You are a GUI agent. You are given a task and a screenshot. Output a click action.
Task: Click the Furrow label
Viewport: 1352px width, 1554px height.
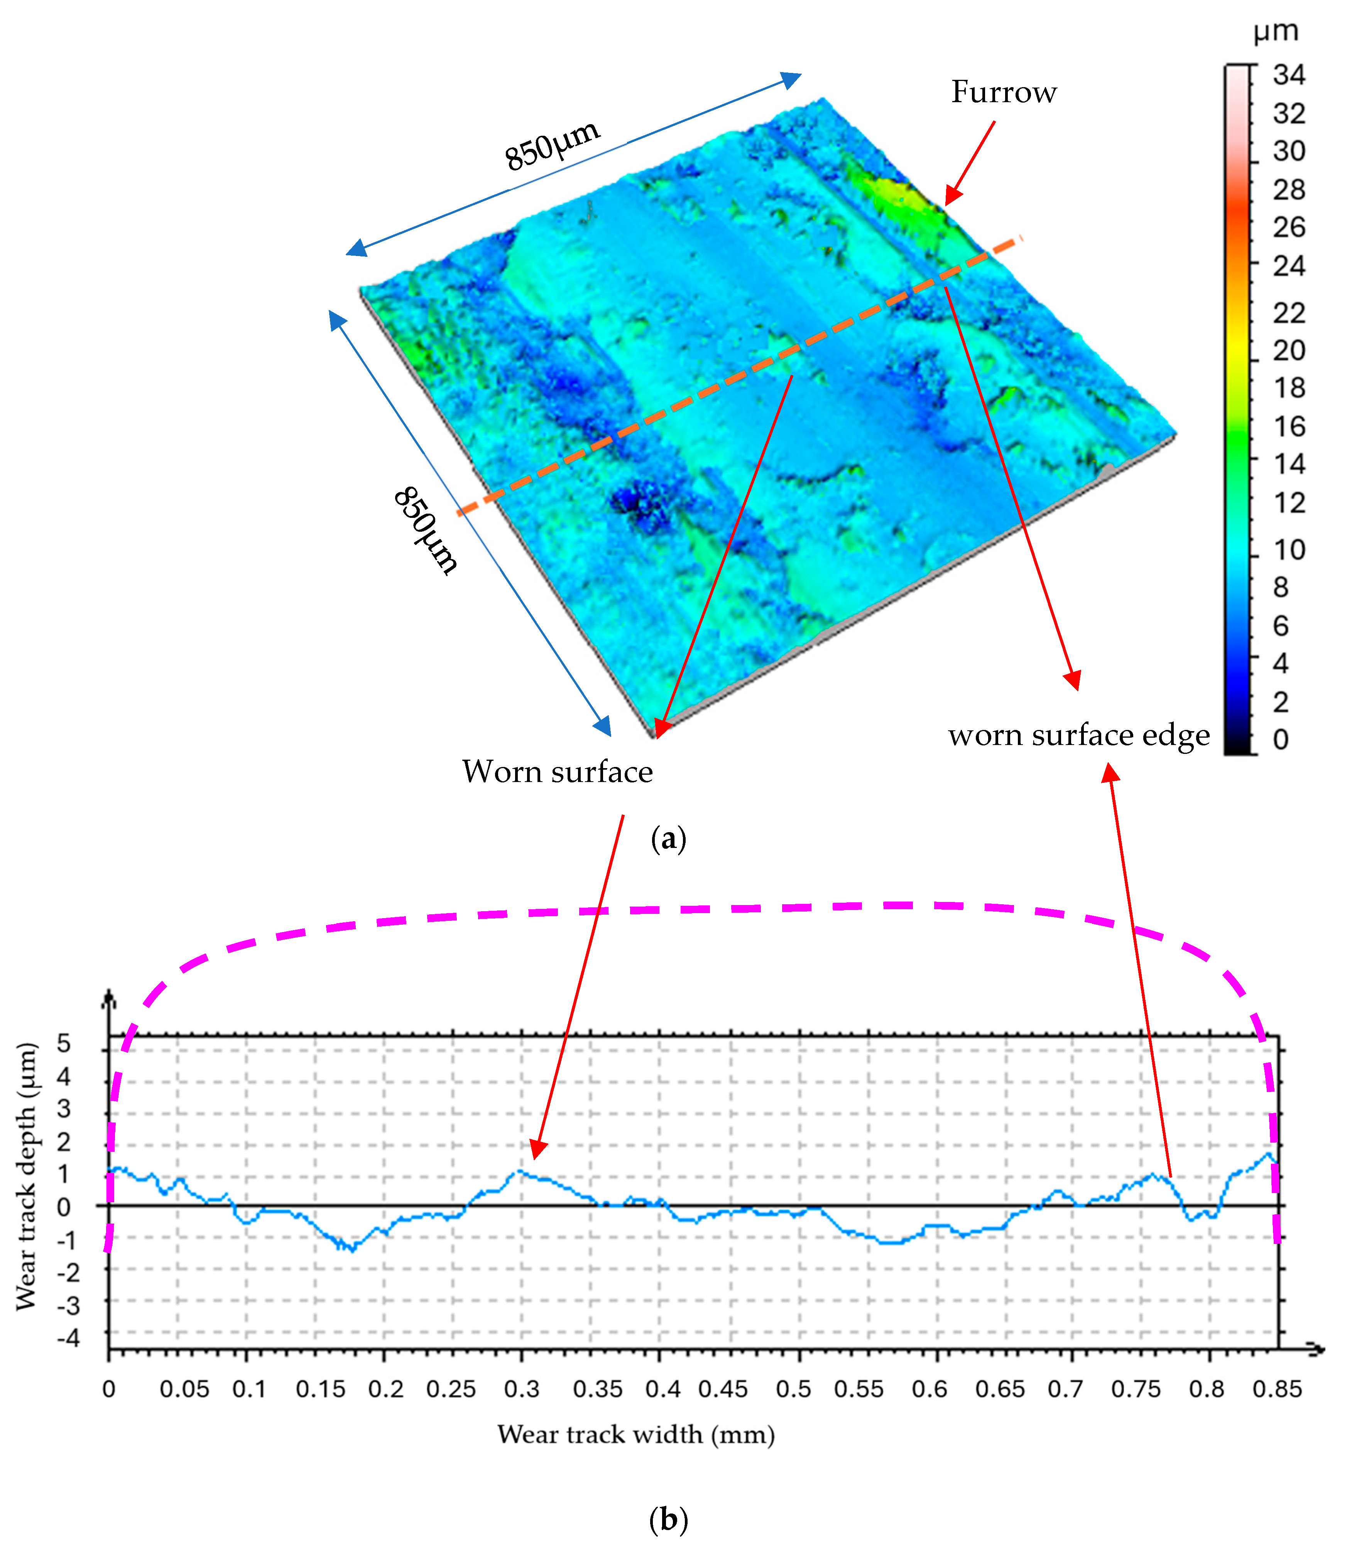1004,92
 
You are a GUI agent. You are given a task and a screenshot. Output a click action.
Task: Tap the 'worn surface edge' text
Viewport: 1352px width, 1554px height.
1079,735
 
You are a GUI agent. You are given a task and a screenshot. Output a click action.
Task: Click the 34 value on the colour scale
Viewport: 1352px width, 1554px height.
1289,75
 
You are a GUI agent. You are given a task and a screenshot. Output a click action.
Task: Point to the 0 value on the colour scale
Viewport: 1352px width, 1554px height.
1280,740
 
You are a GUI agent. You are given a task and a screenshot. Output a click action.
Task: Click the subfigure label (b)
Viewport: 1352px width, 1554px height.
668,1519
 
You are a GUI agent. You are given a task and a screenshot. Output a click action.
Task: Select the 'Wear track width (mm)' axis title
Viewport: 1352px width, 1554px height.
636,1434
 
